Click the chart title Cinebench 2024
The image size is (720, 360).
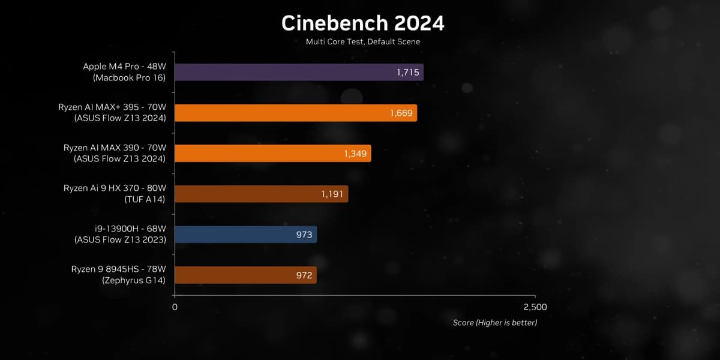pos(363,23)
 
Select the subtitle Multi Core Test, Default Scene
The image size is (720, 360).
pos(362,42)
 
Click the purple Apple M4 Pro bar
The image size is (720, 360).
pos(299,73)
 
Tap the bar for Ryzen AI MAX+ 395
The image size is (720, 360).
pos(295,113)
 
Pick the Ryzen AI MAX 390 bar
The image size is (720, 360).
pos(272,154)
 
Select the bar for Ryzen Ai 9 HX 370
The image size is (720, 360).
pos(261,194)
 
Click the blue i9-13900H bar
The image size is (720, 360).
pos(245,235)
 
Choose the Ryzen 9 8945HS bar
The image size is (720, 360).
pos(245,275)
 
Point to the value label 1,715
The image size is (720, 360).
pos(408,73)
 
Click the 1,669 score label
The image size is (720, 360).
pos(401,113)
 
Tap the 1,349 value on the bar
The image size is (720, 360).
pos(355,154)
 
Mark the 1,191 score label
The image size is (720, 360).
pos(332,194)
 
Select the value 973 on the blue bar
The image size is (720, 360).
pos(304,235)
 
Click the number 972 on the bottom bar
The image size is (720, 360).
pos(304,275)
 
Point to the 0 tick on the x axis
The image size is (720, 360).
pos(175,307)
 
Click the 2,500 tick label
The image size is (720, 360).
pos(535,307)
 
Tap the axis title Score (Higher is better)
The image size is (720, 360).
pos(494,323)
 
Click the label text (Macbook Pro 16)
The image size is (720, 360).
pos(128,78)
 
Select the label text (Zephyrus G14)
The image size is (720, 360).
pos(133,280)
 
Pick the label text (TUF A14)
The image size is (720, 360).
pos(145,199)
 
